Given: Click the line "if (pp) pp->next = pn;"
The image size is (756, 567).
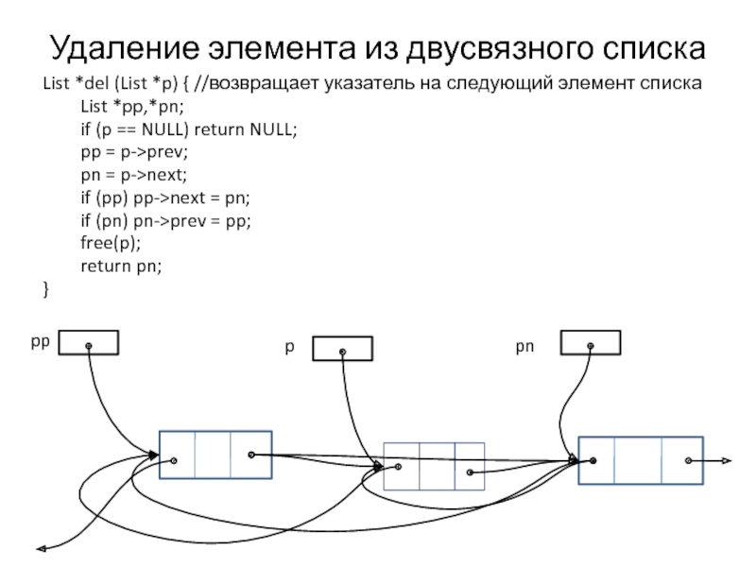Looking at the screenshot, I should [166, 198].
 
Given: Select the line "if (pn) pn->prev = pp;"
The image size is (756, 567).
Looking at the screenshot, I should [166, 221].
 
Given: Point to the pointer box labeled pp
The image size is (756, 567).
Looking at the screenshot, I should [89, 342].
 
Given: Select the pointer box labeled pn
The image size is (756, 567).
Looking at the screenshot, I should [591, 342].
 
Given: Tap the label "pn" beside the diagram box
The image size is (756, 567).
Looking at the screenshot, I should [524, 347].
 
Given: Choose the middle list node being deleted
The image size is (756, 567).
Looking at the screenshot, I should [434, 468].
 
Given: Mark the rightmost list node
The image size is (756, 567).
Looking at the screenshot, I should [641, 461].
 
